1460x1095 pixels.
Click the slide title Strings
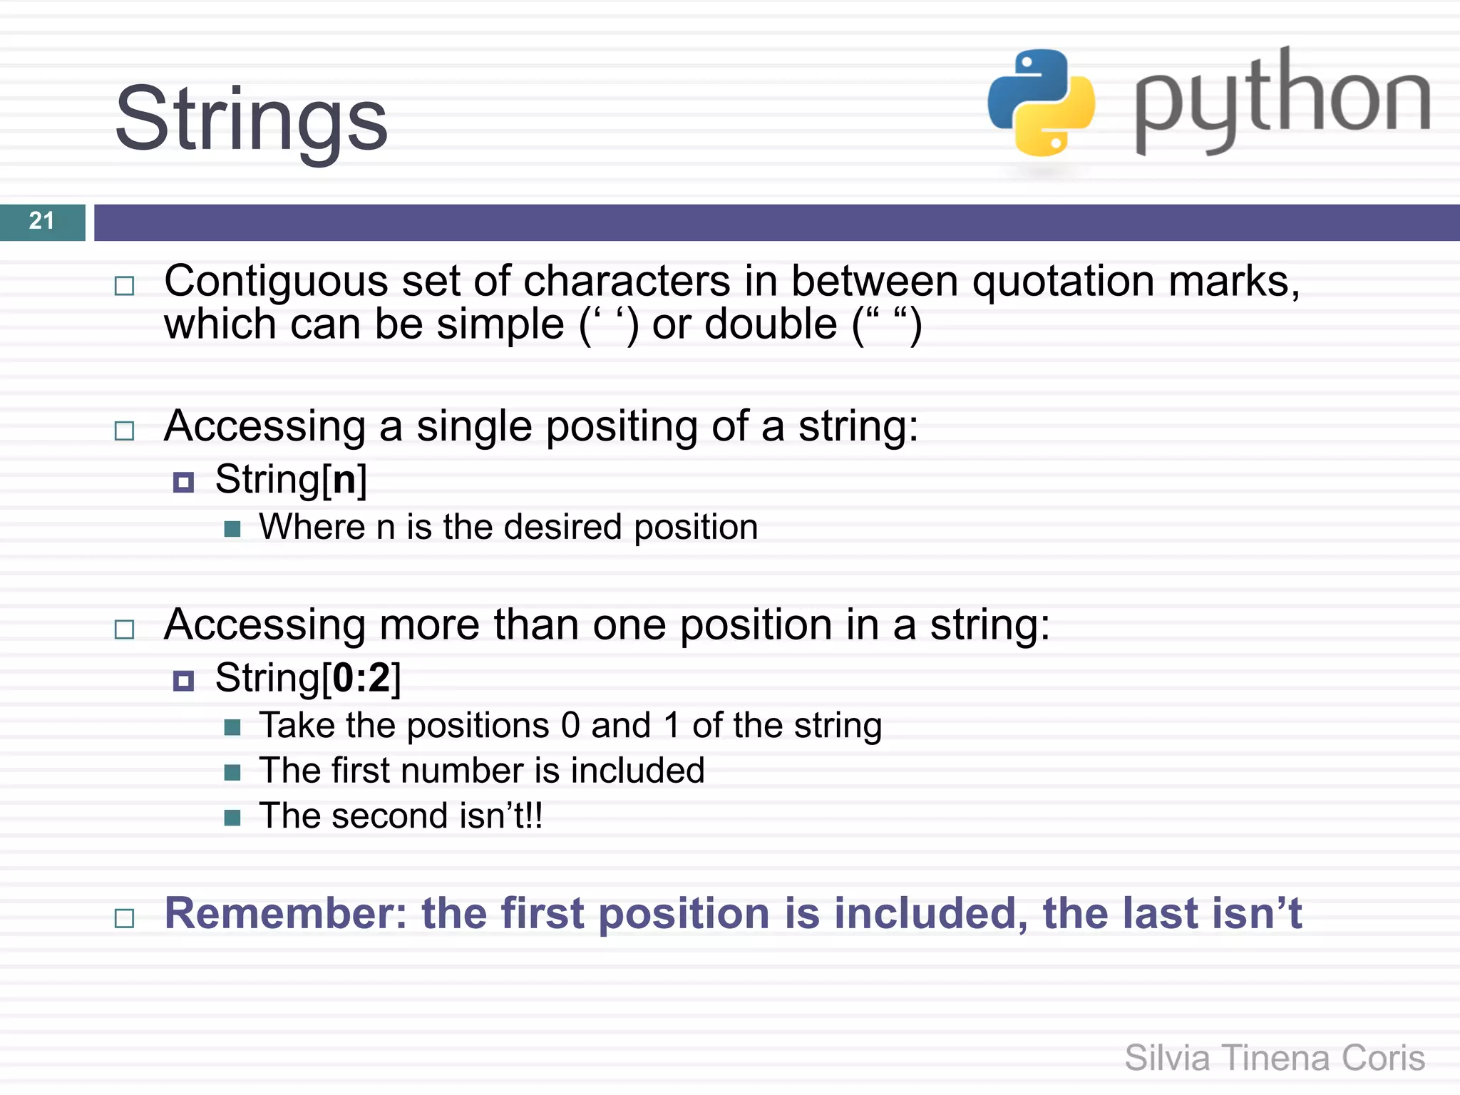[x=251, y=120]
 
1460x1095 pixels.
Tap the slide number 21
[x=41, y=221]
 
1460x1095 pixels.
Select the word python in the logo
[x=1282, y=100]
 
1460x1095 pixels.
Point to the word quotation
[x=1064, y=281]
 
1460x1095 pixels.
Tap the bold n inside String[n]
[x=344, y=479]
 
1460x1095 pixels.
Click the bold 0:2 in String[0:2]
[x=361, y=677]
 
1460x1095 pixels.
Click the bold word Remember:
[x=285, y=913]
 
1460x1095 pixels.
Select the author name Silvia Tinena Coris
[x=1274, y=1058]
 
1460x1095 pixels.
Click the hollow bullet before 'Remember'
[x=125, y=918]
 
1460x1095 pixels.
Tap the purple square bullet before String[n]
[x=183, y=483]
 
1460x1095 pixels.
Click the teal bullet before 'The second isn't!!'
[x=232, y=817]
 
